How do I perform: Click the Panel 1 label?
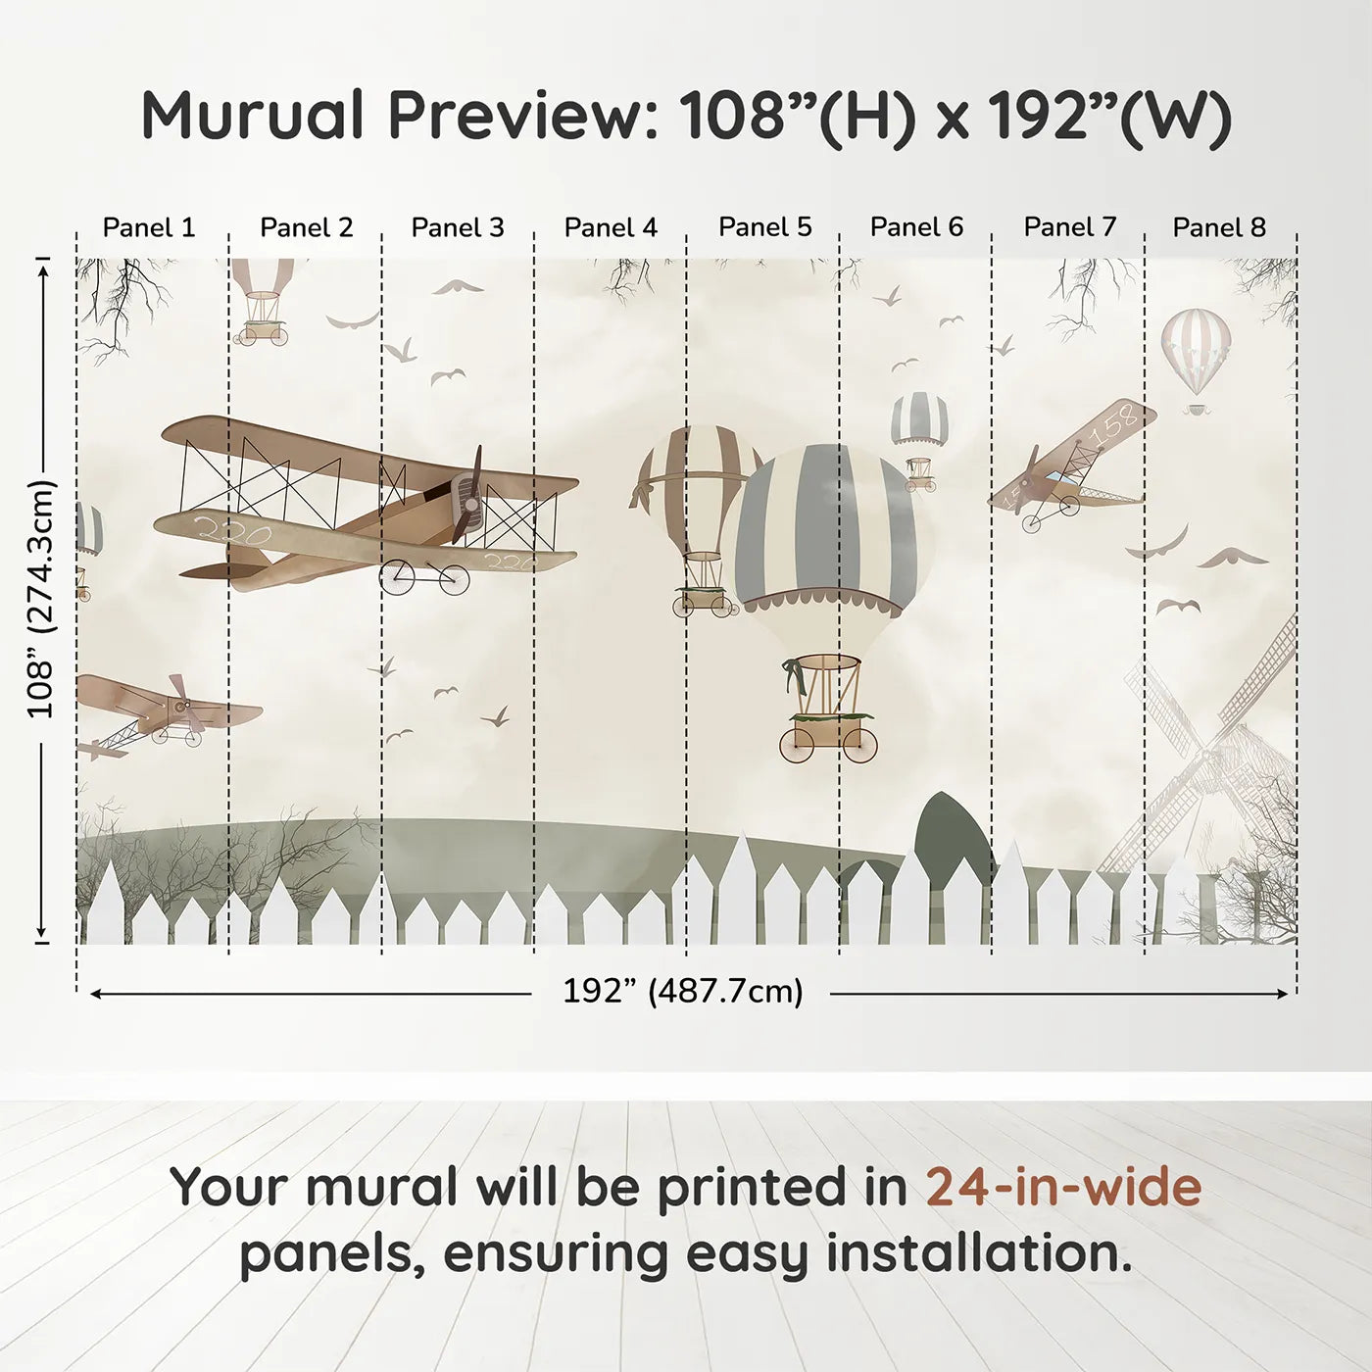point(149,227)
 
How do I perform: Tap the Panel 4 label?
point(611,227)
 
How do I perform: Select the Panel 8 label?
point(1219,227)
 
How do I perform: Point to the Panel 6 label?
point(916,227)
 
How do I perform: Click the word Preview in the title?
point(523,116)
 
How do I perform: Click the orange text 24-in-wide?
point(1063,1187)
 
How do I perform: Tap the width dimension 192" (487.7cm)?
point(682,992)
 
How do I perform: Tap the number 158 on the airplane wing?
point(1119,422)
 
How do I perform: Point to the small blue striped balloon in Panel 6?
point(919,418)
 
